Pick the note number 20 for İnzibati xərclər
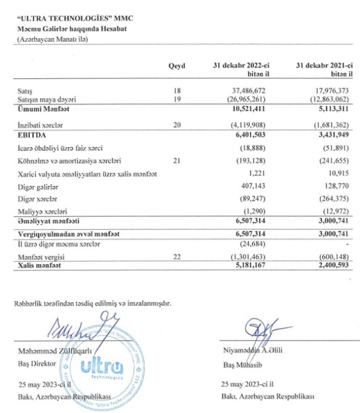pyautogui.click(x=177, y=125)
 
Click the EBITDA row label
pyautogui.click(x=31, y=135)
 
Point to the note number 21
pyautogui.click(x=177, y=160)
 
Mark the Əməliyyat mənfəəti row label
pyautogui.click(x=48, y=221)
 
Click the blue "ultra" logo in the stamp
pyautogui.click(x=100, y=367)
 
